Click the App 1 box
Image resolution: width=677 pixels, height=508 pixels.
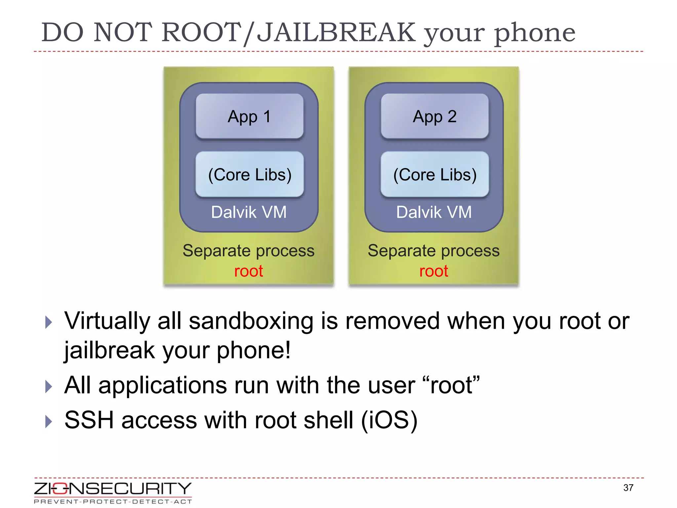click(x=249, y=116)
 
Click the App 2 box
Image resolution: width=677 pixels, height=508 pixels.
click(x=434, y=116)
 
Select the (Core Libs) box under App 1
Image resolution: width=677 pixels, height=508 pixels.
click(x=250, y=174)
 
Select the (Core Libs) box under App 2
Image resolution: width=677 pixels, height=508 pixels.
click(x=435, y=174)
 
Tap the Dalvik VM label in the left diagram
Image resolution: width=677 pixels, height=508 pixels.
click(x=249, y=212)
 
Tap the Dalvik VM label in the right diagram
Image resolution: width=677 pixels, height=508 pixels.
click(x=434, y=212)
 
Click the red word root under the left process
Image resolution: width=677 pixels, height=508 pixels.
click(x=249, y=271)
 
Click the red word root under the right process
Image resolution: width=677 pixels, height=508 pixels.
click(x=434, y=271)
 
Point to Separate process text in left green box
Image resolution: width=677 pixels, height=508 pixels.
click(x=249, y=250)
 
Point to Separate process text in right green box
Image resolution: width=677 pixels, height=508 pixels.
click(x=434, y=250)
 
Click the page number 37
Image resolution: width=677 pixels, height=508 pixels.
click(x=628, y=487)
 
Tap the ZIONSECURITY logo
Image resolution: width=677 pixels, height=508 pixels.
click(x=113, y=488)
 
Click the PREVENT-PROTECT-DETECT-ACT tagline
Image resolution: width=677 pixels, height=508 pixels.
click(x=113, y=501)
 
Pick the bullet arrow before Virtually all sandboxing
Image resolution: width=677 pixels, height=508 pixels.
click(x=49, y=322)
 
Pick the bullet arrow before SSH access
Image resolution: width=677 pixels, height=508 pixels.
click(x=49, y=421)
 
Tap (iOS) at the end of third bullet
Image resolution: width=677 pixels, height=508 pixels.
click(x=389, y=420)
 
